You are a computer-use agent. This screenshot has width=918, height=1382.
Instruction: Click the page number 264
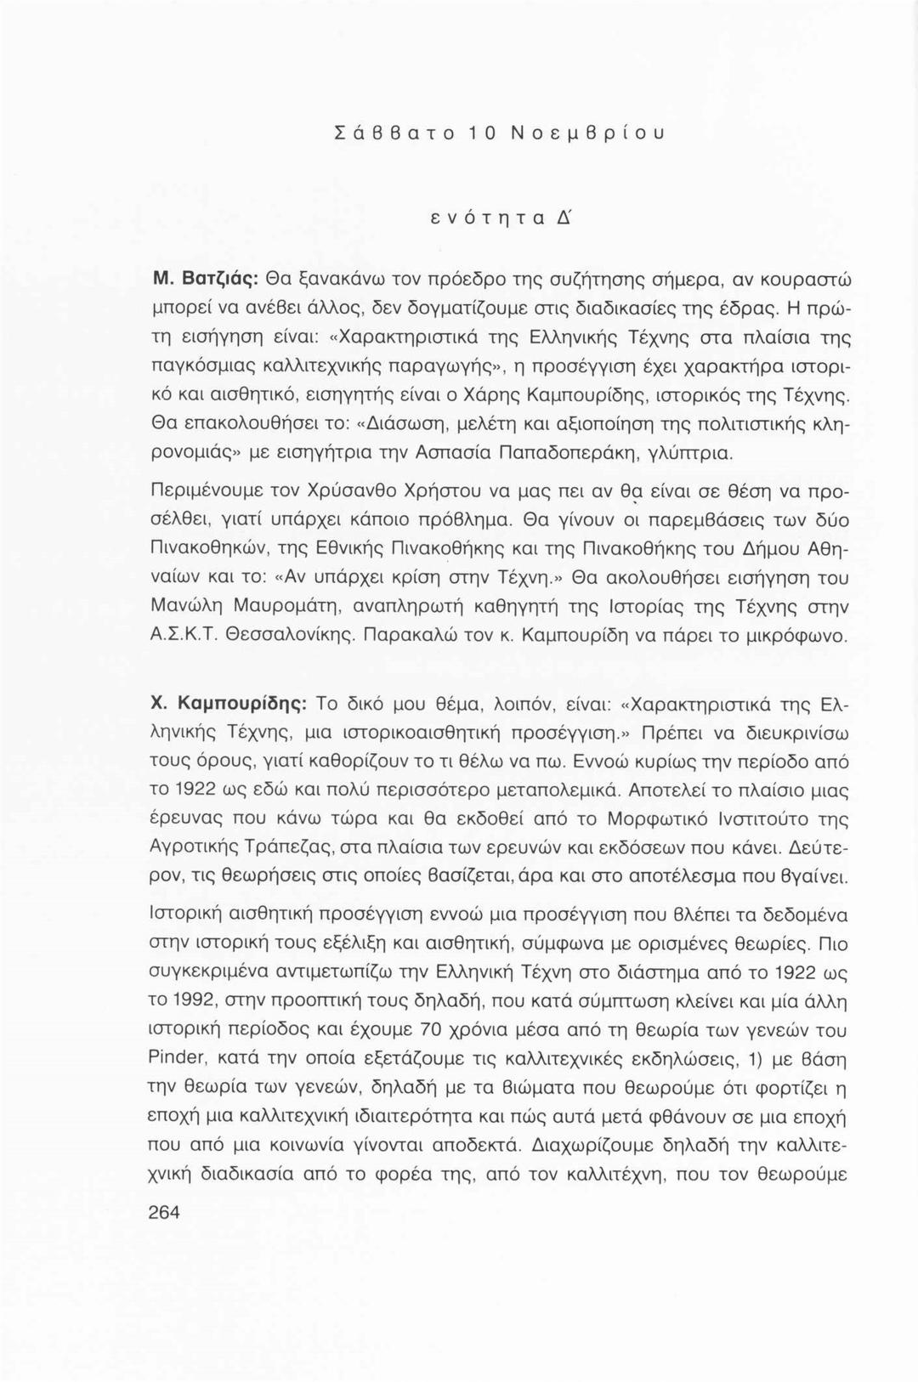165,1213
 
